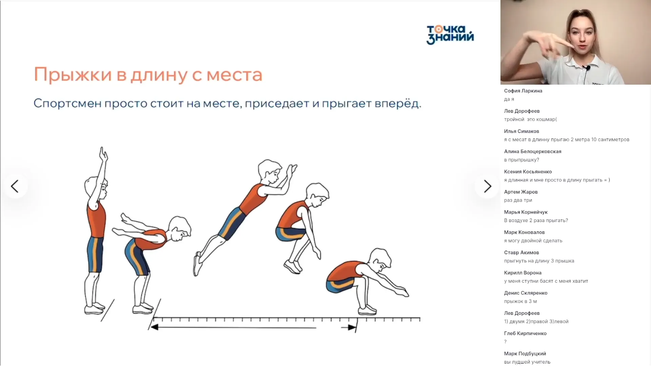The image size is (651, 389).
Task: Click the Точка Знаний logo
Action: [x=450, y=35]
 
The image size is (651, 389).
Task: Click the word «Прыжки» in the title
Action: [x=73, y=75]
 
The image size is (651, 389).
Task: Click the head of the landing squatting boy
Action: [x=380, y=260]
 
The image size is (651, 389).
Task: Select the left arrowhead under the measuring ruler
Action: [x=154, y=327]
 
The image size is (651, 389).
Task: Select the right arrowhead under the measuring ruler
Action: [x=352, y=327]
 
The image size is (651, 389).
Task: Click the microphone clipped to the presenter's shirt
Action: [x=588, y=68]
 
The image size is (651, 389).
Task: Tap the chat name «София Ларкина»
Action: [x=523, y=91]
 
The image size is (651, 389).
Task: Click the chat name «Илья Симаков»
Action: [x=521, y=131]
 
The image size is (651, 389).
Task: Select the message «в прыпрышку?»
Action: [x=521, y=160]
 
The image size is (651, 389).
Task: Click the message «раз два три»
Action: [x=518, y=200]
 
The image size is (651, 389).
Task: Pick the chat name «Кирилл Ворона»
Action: [x=522, y=273]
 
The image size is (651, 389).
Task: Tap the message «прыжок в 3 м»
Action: [x=520, y=301]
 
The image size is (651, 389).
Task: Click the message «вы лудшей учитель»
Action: [x=527, y=362]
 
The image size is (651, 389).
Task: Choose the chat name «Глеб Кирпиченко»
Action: [x=525, y=333]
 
